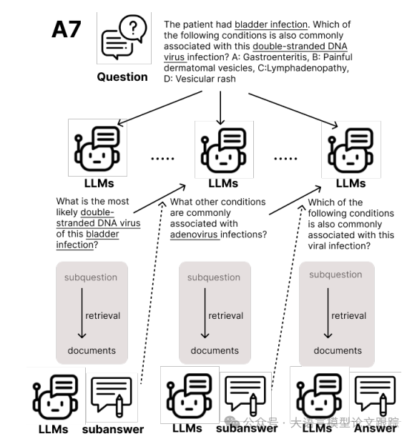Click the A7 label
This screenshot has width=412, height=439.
(x=67, y=30)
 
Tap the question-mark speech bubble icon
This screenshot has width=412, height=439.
(x=122, y=40)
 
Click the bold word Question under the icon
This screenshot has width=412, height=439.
(x=122, y=77)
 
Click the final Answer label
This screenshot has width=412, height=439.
(x=376, y=428)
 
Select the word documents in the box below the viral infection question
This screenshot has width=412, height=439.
(x=338, y=350)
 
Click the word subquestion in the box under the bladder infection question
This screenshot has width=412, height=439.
(x=91, y=277)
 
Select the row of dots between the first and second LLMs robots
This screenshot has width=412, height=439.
(x=162, y=159)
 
